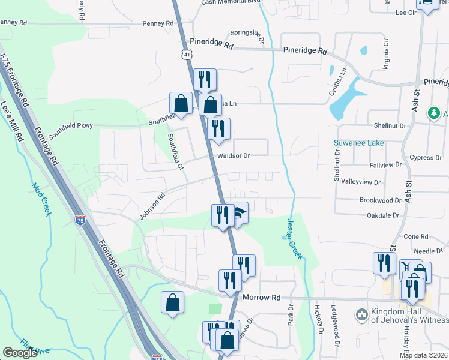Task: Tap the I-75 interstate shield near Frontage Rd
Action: click(80, 220)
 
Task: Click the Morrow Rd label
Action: click(262, 297)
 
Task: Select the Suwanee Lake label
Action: click(358, 143)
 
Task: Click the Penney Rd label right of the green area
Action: click(158, 23)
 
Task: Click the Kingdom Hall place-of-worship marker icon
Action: click(361, 314)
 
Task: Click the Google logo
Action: click(20, 353)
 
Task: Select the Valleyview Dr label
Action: click(361, 182)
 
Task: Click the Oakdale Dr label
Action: click(379, 215)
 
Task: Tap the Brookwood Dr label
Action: click(380, 200)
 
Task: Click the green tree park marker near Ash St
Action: click(433, 113)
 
